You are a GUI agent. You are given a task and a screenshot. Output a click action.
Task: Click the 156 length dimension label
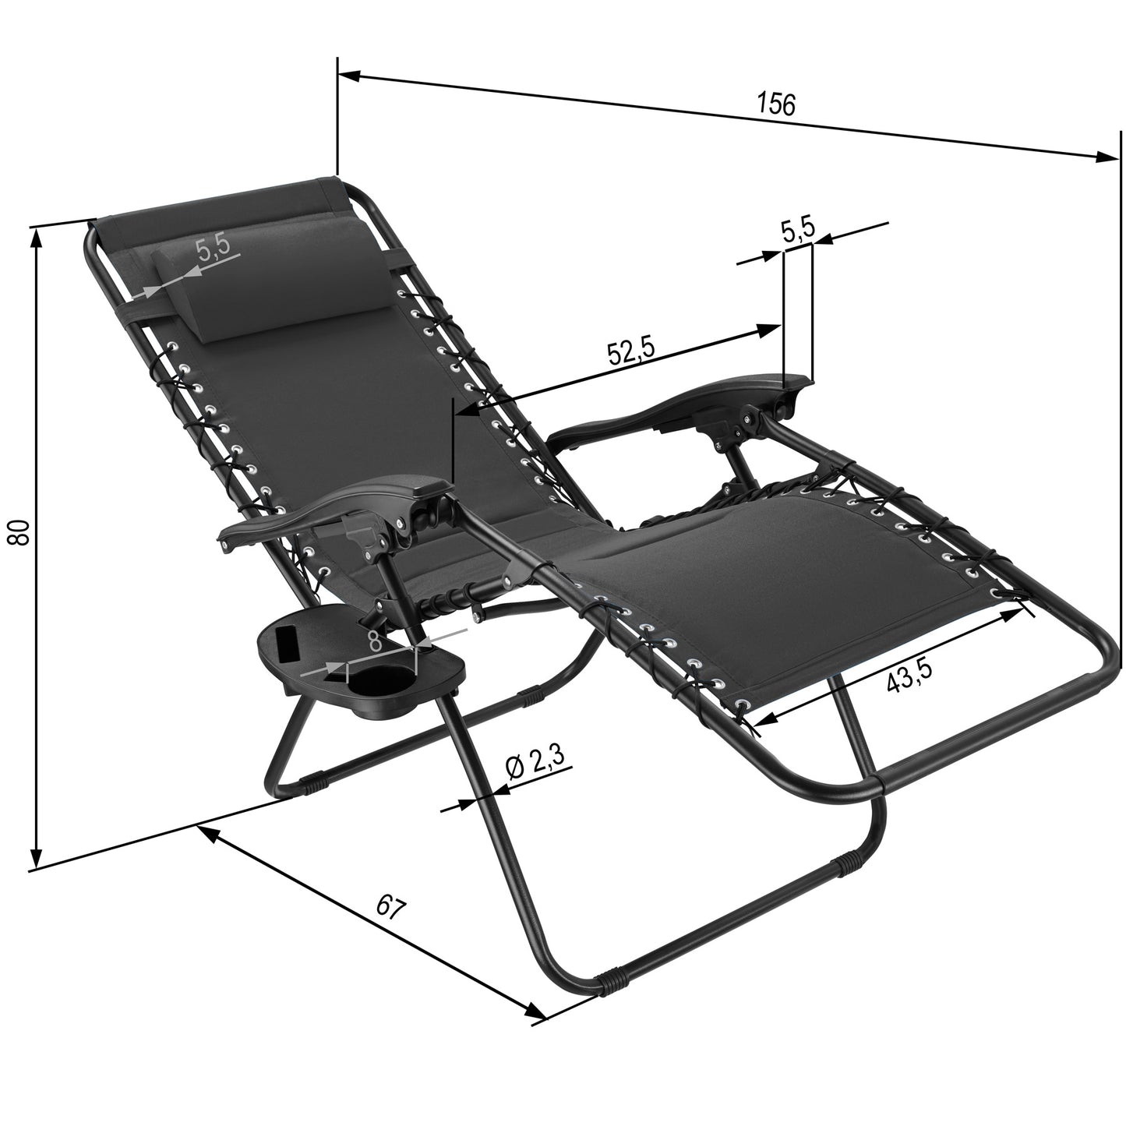coord(777,104)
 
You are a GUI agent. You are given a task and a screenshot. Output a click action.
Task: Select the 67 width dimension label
coord(390,908)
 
